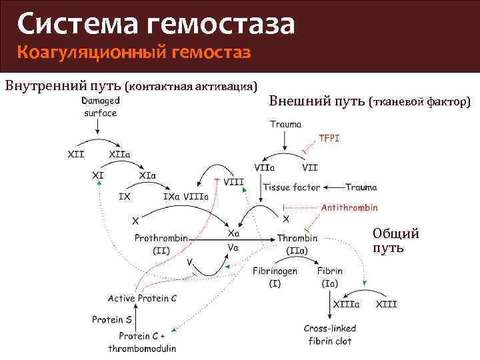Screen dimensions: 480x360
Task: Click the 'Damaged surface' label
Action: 101,107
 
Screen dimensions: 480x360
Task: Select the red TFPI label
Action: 329,138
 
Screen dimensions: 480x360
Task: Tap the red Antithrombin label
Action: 349,207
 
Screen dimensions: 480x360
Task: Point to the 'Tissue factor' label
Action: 291,187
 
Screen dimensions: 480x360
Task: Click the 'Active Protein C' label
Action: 142,298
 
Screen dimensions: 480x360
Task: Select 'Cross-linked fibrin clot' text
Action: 329,335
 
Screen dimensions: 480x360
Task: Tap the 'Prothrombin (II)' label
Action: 161,244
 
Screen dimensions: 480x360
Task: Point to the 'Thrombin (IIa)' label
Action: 297,244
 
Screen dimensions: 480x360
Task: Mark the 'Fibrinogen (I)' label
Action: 275,277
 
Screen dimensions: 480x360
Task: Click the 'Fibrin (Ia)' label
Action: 329,277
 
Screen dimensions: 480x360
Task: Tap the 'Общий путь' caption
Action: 395,241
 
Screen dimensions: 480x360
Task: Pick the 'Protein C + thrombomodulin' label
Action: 142,342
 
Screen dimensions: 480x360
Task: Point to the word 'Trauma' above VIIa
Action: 285,124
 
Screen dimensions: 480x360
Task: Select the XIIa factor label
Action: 119,155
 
